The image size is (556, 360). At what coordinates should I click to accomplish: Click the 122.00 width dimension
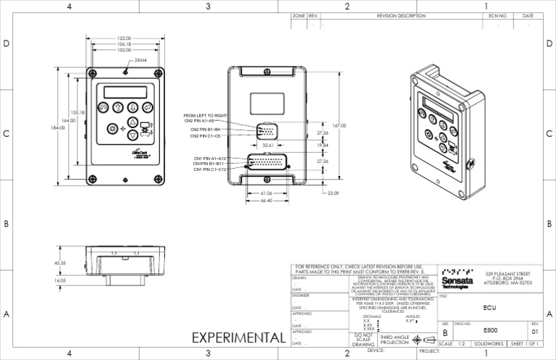[x=123, y=38]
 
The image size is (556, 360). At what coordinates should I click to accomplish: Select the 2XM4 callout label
[x=140, y=61]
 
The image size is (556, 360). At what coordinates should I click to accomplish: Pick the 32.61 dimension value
[x=268, y=145]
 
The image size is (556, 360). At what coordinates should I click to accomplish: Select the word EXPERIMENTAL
[x=238, y=338]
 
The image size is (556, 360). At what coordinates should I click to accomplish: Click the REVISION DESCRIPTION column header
[x=401, y=15]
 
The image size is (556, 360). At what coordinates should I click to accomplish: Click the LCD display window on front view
[x=125, y=92]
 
